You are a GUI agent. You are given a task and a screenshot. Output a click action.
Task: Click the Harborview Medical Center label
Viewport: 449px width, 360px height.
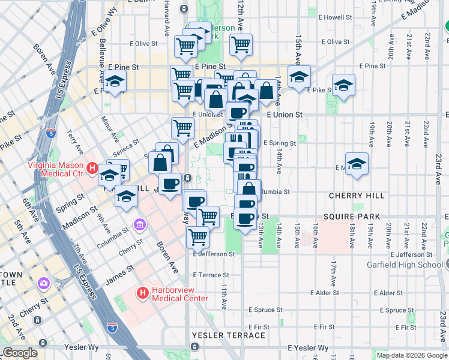tap(180, 294)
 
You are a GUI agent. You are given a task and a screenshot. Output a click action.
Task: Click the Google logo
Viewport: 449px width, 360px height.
tap(20, 353)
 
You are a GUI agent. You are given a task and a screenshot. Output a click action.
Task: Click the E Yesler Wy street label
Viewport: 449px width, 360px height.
tap(309, 348)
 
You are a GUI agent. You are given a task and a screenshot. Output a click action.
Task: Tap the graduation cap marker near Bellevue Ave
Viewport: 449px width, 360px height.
tap(114, 80)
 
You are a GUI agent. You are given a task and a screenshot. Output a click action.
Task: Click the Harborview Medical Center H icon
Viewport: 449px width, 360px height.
tap(143, 293)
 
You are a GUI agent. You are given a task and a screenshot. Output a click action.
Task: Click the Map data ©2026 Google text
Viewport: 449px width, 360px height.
tap(411, 355)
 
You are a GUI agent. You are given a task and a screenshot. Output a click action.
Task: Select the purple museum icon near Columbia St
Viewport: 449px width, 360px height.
tap(139, 225)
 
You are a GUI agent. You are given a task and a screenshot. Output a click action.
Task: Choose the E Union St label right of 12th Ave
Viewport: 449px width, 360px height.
tap(287, 114)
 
